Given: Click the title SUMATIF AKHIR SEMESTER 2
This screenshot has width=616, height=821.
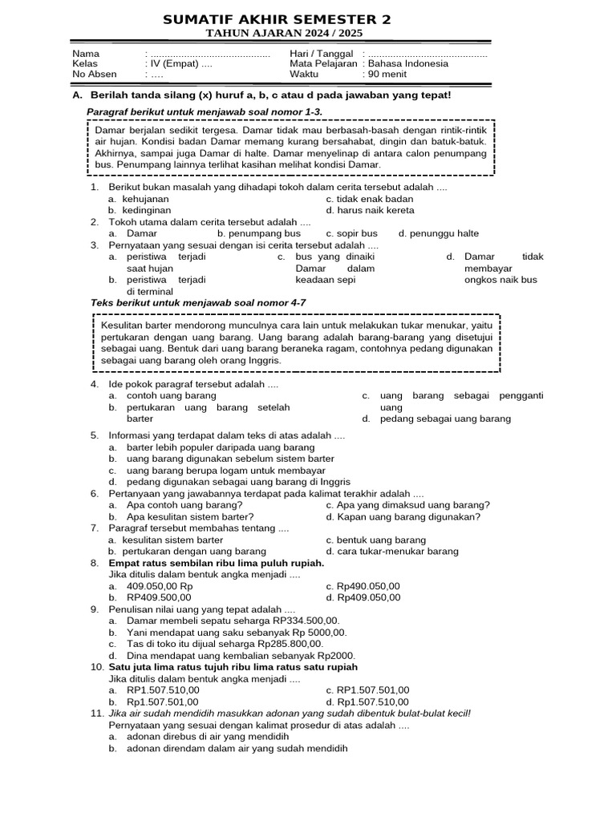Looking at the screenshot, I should (277, 20).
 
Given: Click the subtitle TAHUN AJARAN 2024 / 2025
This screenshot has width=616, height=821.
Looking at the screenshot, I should (285, 33).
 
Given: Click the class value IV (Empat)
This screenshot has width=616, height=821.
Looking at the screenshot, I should (176, 64).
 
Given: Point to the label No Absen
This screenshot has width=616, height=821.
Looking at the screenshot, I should (91, 75).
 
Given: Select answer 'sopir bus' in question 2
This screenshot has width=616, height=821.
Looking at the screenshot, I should (351, 233).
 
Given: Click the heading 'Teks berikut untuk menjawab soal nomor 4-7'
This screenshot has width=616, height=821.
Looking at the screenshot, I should (198, 302).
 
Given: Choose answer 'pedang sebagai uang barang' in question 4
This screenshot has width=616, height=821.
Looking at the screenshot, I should (445, 419).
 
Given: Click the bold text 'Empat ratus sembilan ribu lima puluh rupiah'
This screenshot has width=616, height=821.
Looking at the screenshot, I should (216, 563).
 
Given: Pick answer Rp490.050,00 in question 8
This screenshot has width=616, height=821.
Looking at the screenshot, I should (368, 586).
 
